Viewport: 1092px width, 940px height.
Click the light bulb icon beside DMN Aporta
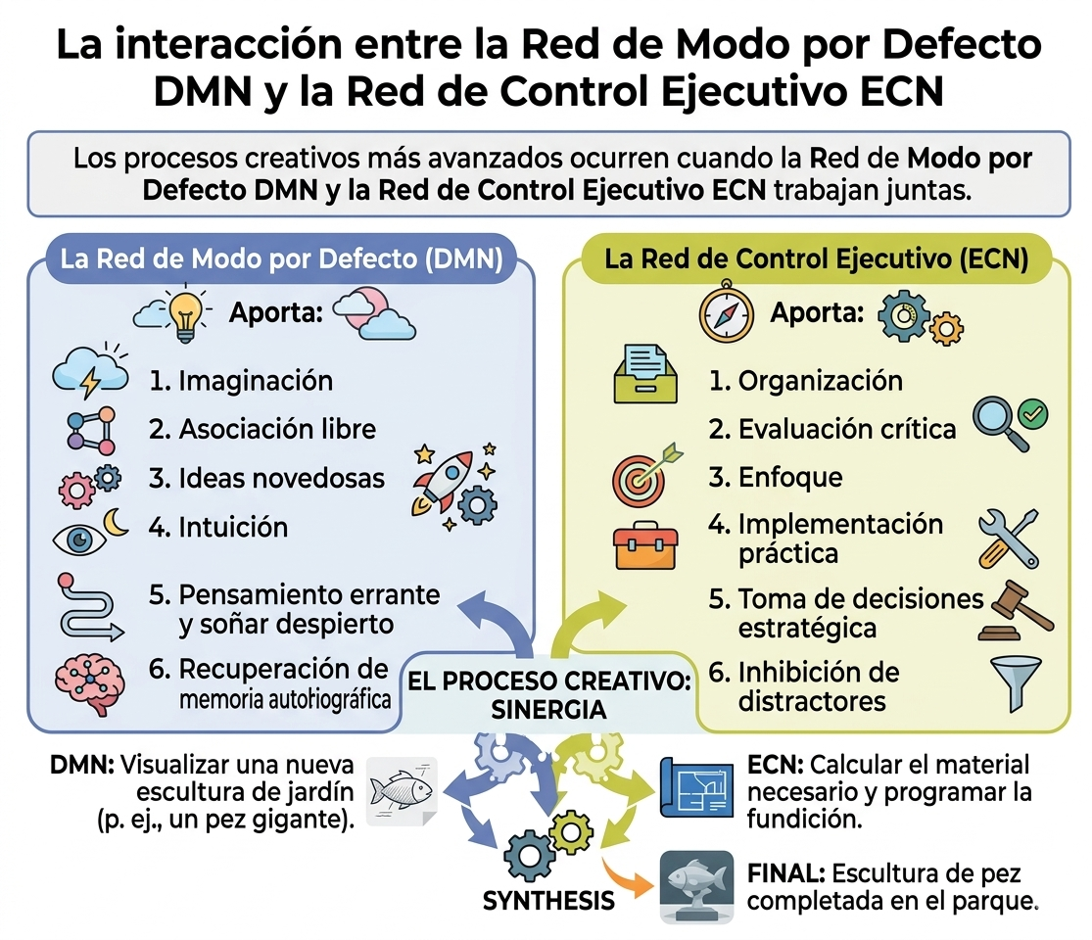coord(185,313)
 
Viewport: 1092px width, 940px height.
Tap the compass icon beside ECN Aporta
coord(727,312)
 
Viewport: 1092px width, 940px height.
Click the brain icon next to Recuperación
coord(90,684)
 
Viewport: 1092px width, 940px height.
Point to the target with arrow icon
coord(645,475)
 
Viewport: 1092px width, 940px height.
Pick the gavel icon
coord(1016,611)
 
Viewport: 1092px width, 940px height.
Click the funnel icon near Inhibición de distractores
coord(1016,683)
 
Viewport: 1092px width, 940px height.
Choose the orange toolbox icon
coord(645,545)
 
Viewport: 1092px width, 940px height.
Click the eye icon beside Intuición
coord(79,539)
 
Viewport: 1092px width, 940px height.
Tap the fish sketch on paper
coord(402,792)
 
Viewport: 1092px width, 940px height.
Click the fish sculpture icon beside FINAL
coord(696,886)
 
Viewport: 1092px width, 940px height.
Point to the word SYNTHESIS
coord(548,901)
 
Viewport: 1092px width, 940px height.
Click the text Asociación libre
coord(277,429)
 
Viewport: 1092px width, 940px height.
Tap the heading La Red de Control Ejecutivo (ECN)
coord(816,259)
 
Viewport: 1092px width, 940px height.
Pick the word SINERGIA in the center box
coord(548,710)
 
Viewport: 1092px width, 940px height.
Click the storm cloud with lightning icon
coord(90,372)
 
